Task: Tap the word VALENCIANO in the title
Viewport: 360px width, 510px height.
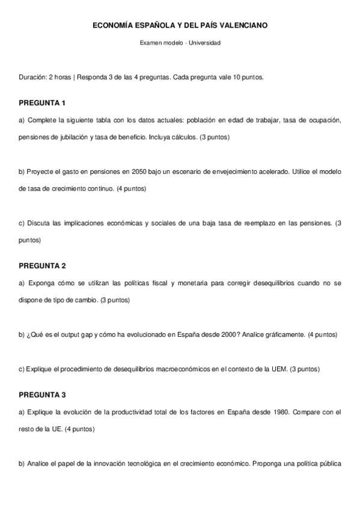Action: (242, 26)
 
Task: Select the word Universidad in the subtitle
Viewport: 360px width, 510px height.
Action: (204, 43)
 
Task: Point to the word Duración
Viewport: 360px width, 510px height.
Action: (32, 78)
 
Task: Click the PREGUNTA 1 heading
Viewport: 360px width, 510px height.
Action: (42, 102)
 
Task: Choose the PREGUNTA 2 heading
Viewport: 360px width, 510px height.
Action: (42, 265)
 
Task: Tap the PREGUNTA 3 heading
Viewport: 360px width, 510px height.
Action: (42, 395)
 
